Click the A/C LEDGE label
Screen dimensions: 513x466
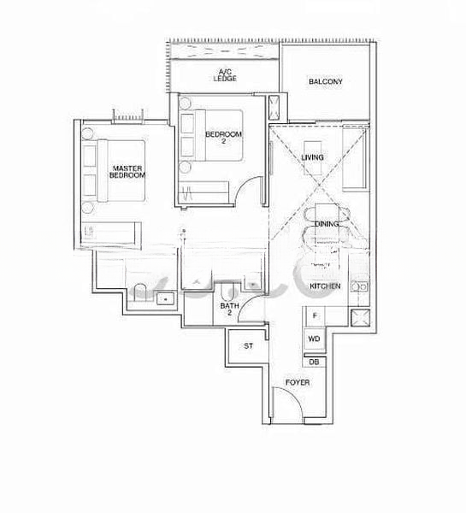pos(227,75)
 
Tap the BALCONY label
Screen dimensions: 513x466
pos(326,82)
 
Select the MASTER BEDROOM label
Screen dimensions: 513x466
pos(127,171)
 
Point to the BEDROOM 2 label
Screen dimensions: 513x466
pos(224,138)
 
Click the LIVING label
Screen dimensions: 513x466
pos(313,157)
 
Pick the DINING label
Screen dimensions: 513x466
pos(327,224)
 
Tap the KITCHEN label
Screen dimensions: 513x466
pos(325,286)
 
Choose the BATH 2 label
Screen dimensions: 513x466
pos(228,309)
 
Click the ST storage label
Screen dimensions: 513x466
pos(249,346)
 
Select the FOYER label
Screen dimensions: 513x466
pos(298,382)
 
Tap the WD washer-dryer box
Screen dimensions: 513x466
pos(314,339)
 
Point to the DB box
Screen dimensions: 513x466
pos(314,362)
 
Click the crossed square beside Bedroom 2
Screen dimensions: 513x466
pos(274,108)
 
